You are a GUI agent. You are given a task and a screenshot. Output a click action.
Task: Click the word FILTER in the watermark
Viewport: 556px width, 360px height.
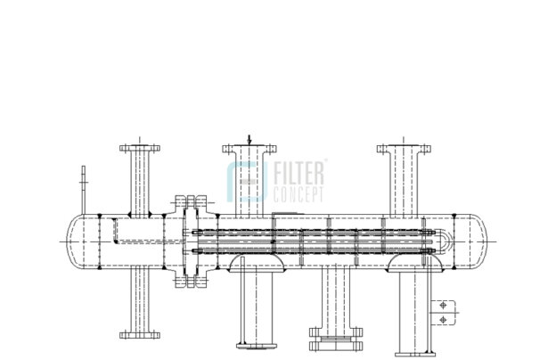pyautogui.click(x=298, y=173)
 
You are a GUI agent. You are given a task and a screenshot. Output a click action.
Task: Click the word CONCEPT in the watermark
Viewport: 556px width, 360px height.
pyautogui.click(x=298, y=194)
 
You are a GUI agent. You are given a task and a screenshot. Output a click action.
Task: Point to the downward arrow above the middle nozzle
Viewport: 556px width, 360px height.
pyautogui.click(x=249, y=140)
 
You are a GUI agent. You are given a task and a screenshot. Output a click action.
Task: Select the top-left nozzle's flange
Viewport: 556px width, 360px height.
pyautogui.click(x=140, y=148)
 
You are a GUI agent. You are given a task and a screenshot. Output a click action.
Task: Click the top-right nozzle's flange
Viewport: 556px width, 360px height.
pyautogui.click(x=404, y=149)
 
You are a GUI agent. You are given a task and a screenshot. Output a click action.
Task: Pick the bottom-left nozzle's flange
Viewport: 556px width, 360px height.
pyautogui.click(x=140, y=335)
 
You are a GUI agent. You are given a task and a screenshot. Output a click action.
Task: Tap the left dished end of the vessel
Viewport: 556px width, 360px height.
pyautogui.click(x=75, y=241)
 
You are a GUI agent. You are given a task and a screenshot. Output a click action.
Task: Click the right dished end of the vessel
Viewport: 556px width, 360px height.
pyautogui.click(x=479, y=241)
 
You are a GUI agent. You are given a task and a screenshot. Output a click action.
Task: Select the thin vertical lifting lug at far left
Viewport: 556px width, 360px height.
pyautogui.click(x=84, y=190)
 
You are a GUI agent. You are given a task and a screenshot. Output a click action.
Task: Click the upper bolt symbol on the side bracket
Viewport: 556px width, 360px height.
pyautogui.click(x=443, y=306)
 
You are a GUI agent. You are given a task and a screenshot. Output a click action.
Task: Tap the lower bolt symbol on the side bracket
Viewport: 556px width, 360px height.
pyautogui.click(x=443, y=320)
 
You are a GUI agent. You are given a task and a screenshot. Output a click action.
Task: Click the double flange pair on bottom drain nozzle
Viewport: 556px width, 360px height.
pyautogui.click(x=336, y=340)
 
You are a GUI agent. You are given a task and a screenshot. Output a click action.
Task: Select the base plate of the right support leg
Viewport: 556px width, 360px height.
pyautogui.click(x=415, y=355)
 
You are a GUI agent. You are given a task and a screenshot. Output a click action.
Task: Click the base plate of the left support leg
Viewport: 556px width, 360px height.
pyautogui.click(x=257, y=346)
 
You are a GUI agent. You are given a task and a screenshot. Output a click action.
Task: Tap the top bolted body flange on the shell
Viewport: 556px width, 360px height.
pyautogui.click(x=191, y=201)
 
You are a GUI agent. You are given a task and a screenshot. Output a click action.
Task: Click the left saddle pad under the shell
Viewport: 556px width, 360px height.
pyautogui.click(x=257, y=264)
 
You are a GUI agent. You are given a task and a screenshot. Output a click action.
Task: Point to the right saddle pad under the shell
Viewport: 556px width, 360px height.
pyautogui.click(x=415, y=264)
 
